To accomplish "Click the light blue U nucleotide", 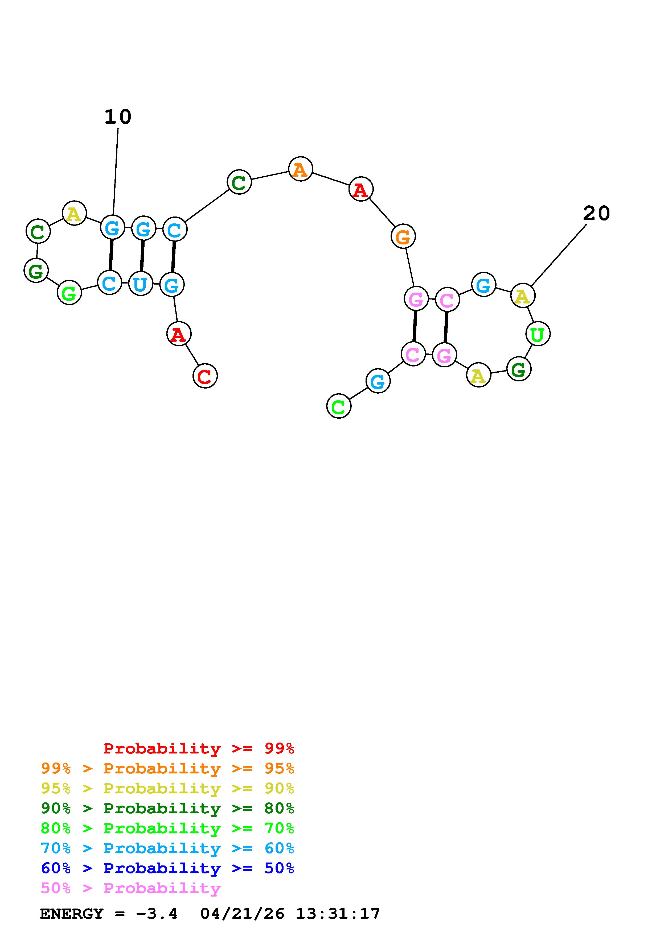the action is [140, 284].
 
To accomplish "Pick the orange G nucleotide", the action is [403, 236].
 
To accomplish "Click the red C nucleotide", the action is [205, 376].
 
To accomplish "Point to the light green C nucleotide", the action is [338, 406].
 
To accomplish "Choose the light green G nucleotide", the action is [69, 293].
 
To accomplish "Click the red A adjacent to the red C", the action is [179, 334].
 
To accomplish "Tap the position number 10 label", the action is [118, 117].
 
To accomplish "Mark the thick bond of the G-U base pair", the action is [142, 256].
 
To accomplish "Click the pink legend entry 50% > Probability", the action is [130, 888].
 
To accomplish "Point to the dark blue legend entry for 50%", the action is [167, 868].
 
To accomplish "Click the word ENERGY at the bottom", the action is [72, 914].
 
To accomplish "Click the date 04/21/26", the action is [242, 914].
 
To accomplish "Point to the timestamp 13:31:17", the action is [338, 914].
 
